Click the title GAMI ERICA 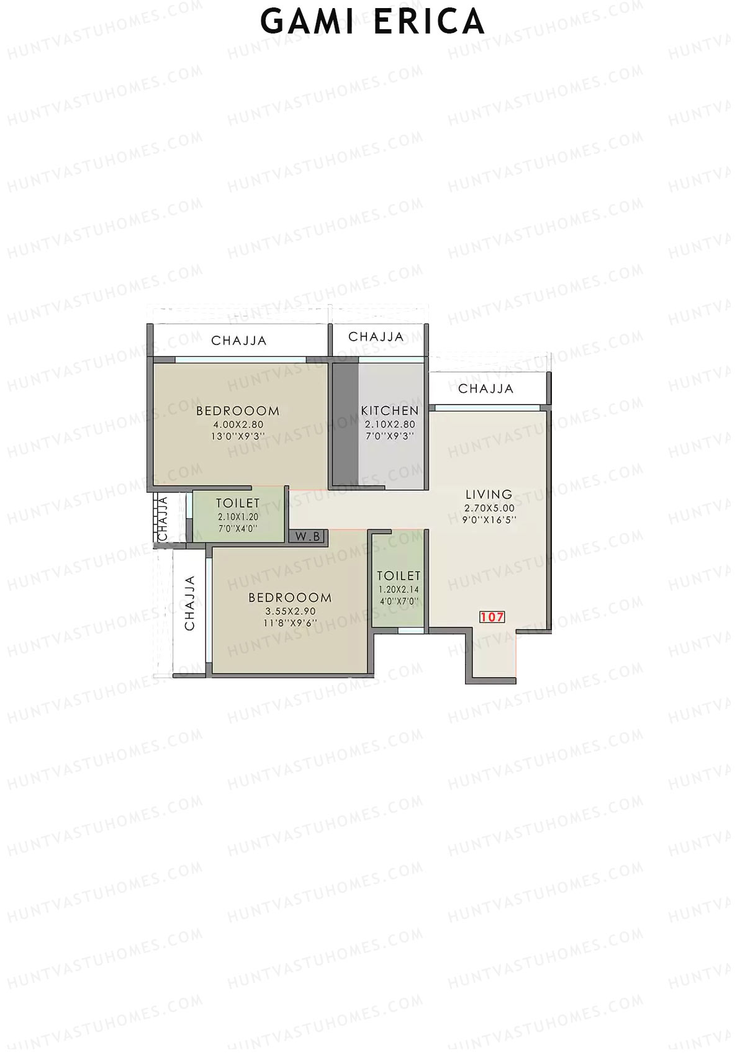pyautogui.click(x=372, y=22)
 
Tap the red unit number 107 pyautogui.click(x=492, y=617)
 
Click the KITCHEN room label pyautogui.click(x=390, y=411)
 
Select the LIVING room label pyautogui.click(x=489, y=495)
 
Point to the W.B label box pyautogui.click(x=307, y=537)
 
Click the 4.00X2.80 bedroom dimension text pyautogui.click(x=238, y=425)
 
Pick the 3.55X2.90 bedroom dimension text pyautogui.click(x=291, y=611)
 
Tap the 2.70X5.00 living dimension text pyautogui.click(x=489, y=508)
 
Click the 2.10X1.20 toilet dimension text pyautogui.click(x=238, y=516)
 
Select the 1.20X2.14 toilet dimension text pyautogui.click(x=399, y=589)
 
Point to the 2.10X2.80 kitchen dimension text pyautogui.click(x=390, y=424)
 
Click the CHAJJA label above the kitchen pyautogui.click(x=376, y=337)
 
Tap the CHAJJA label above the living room pyautogui.click(x=486, y=389)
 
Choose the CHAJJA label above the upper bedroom pyautogui.click(x=239, y=341)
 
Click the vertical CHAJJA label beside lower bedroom pyautogui.click(x=190, y=603)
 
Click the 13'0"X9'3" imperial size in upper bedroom pyautogui.click(x=238, y=436)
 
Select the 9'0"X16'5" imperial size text pyautogui.click(x=489, y=520)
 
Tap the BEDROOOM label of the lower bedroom pyautogui.click(x=290, y=598)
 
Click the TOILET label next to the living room pyautogui.click(x=399, y=576)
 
